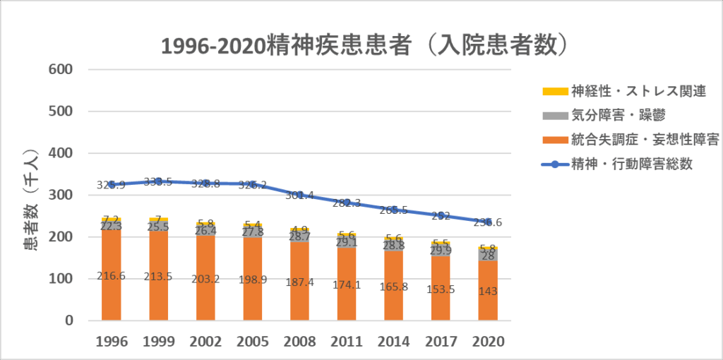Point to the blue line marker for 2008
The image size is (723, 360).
coord(300,195)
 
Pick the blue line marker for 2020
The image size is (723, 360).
coord(488,222)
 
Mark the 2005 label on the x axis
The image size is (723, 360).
coord(253,341)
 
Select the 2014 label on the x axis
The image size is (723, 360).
coord(394,341)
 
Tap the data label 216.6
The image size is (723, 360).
coord(112,276)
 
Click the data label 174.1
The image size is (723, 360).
coord(347,285)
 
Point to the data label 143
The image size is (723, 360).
coord(488,292)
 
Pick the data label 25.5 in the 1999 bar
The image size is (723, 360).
coord(159,227)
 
